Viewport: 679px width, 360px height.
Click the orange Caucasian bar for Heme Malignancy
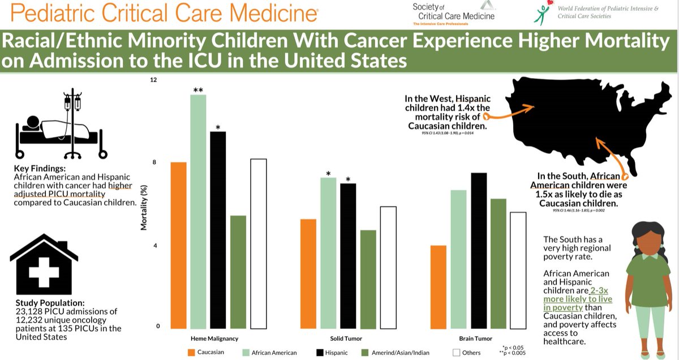coord(179,246)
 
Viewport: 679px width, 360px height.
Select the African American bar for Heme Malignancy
coord(198,212)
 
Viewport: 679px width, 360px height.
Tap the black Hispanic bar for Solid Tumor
coord(348,256)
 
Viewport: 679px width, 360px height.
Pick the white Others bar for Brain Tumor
coord(518,271)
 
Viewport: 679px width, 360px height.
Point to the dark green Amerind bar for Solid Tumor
coord(368,280)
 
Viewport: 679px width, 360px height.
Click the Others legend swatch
coord(457,353)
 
